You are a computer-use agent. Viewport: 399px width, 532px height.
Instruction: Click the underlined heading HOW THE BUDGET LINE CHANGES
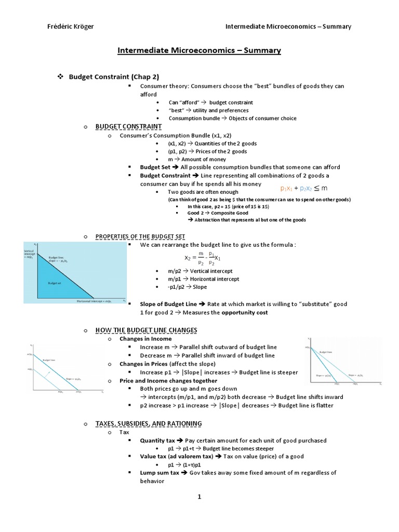coord(146,330)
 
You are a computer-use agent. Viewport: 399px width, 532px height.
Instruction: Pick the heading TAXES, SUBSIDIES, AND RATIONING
coord(149,424)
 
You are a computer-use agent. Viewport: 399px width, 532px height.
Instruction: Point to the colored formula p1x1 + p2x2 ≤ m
coord(304,188)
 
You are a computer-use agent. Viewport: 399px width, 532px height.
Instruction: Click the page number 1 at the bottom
coord(199,497)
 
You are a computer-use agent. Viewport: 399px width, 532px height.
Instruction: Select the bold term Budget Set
coord(155,167)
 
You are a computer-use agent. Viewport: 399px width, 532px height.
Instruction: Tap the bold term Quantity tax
coord(158,441)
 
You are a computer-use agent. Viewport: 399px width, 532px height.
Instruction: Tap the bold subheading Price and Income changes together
coord(168,381)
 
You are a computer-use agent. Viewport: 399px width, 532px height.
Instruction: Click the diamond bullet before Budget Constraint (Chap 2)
coord(60,76)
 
